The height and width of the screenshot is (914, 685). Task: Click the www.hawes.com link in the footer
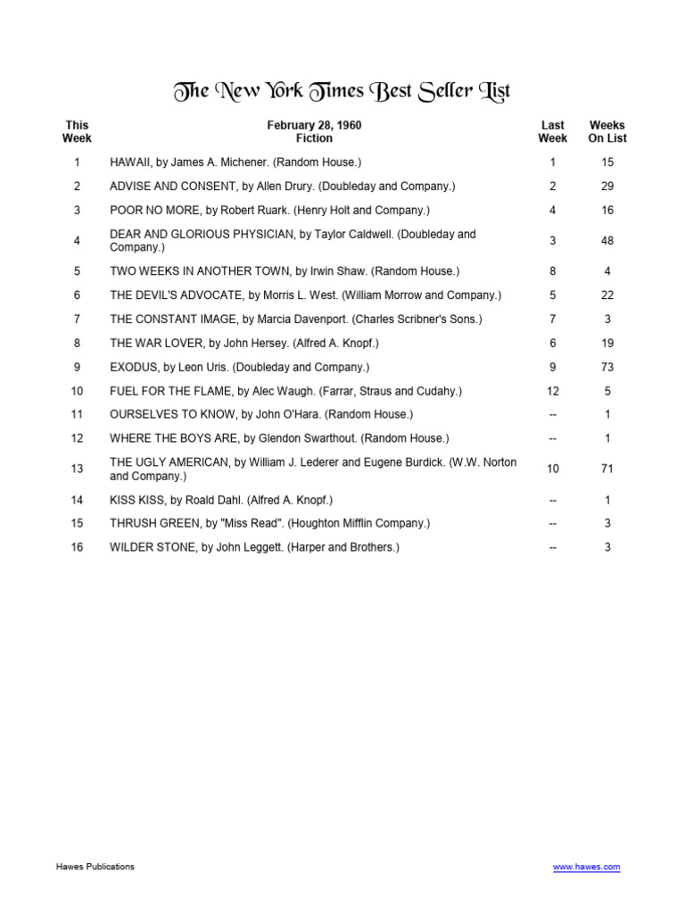(586, 867)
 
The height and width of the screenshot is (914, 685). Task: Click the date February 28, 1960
(314, 126)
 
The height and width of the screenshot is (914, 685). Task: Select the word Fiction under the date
(314, 138)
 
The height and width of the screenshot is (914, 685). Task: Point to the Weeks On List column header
(607, 132)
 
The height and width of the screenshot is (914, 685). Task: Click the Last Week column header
(553, 132)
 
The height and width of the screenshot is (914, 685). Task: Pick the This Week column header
(77, 132)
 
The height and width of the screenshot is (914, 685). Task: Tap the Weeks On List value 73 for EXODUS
(607, 367)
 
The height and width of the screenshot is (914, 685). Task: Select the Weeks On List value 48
(607, 241)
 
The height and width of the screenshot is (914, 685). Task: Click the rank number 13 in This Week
(77, 469)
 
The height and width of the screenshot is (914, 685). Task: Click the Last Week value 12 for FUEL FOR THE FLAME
(553, 391)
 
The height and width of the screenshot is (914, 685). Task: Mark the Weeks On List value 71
(607, 469)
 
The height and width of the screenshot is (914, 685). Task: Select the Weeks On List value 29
(607, 187)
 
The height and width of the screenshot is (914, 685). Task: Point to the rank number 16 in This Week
(77, 547)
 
